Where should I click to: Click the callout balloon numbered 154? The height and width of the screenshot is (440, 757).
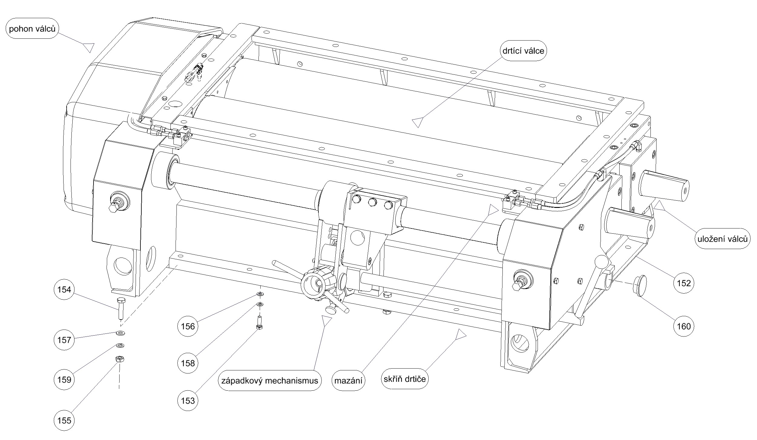(x=64, y=290)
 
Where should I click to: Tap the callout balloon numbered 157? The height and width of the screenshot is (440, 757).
(x=64, y=340)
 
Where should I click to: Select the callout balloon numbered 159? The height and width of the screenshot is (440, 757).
(x=64, y=379)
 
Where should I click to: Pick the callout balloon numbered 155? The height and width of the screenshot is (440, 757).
(x=64, y=420)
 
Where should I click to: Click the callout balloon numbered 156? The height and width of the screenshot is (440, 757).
(x=188, y=326)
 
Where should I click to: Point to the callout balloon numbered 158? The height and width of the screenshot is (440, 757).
(x=188, y=363)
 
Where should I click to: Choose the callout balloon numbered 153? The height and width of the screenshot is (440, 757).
(x=188, y=401)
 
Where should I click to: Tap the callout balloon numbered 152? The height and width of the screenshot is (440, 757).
(x=684, y=283)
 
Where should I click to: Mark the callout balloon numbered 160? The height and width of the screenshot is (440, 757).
(x=684, y=326)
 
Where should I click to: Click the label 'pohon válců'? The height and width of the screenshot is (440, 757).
(x=32, y=29)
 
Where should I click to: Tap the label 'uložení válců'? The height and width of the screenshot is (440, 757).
(x=722, y=239)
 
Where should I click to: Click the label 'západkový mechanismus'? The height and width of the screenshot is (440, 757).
(x=270, y=380)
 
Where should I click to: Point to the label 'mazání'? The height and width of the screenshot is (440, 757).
(x=348, y=381)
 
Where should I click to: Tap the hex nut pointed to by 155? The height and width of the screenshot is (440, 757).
(x=120, y=359)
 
